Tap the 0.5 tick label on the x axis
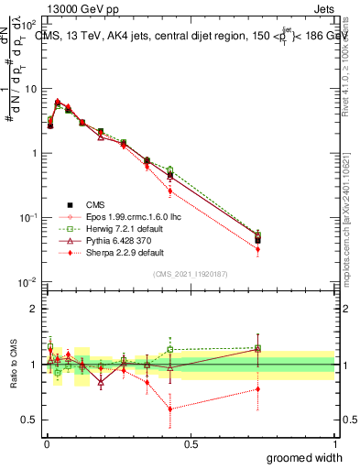(191, 443)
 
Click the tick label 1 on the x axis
(335, 443)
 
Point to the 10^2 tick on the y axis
(30, 25)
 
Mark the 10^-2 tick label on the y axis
(29, 282)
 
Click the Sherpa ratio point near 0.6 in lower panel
(170, 409)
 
